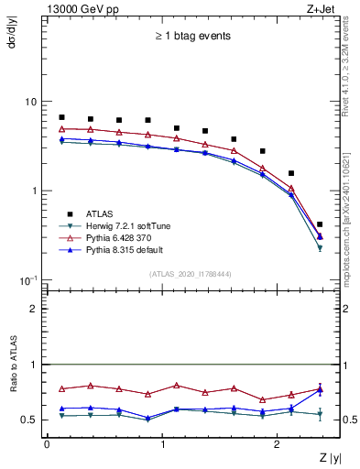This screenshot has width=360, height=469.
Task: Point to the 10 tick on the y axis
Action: click(34, 102)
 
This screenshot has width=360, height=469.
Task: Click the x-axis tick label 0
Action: click(47, 445)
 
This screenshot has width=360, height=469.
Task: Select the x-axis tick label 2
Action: click(279, 445)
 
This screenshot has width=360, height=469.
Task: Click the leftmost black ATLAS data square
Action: click(61, 117)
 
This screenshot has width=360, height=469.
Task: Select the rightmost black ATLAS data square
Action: click(320, 224)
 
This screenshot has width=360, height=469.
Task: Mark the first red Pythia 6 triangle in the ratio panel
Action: click(61, 389)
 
